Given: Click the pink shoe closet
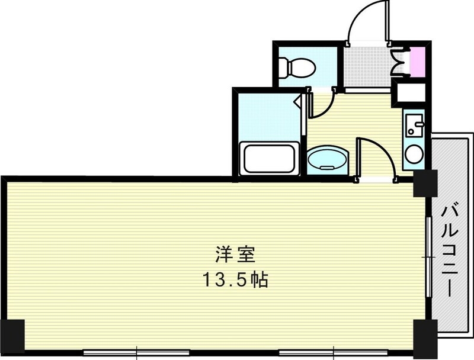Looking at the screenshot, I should [x=417, y=61].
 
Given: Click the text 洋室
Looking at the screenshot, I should [x=234, y=255].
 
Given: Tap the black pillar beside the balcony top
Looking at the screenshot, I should [x=424, y=184].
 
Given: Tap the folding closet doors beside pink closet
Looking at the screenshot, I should [x=399, y=60].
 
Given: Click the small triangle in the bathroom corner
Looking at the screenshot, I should [x=297, y=101].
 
